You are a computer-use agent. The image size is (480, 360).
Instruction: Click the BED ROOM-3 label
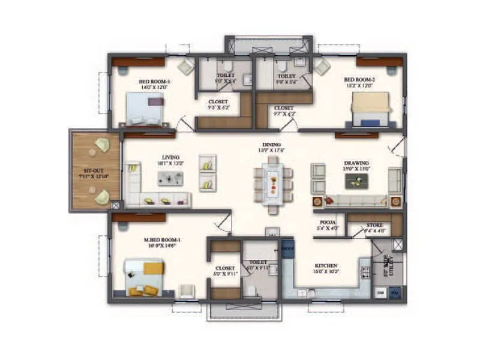click(x=154, y=81)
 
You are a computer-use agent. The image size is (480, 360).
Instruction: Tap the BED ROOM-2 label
click(x=359, y=79)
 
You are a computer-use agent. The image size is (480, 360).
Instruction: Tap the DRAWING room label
click(x=356, y=163)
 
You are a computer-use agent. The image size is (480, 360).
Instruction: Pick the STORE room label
click(x=374, y=225)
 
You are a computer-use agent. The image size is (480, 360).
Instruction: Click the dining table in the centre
click(x=272, y=183)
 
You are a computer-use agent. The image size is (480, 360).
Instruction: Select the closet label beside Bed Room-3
click(x=218, y=102)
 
